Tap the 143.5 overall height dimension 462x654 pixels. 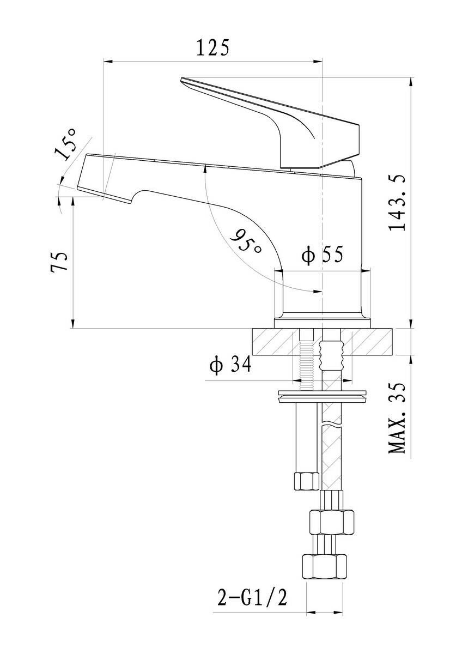pyautogui.click(x=397, y=203)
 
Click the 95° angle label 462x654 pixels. pyautogui.click(x=245, y=241)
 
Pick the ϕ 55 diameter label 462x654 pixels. pyautogui.click(x=323, y=256)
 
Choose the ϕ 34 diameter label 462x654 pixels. pyautogui.click(x=230, y=365)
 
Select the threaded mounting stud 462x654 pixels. pyautogui.click(x=307, y=360)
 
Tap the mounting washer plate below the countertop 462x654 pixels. pyautogui.click(x=323, y=397)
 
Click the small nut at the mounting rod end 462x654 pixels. pyautogui.click(x=306, y=481)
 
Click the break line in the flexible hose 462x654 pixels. pyautogui.click(x=331, y=423)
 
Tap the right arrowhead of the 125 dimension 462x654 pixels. pyautogui.click(x=318, y=61)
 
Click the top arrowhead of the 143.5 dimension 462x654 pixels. pyautogui.click(x=411, y=82)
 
